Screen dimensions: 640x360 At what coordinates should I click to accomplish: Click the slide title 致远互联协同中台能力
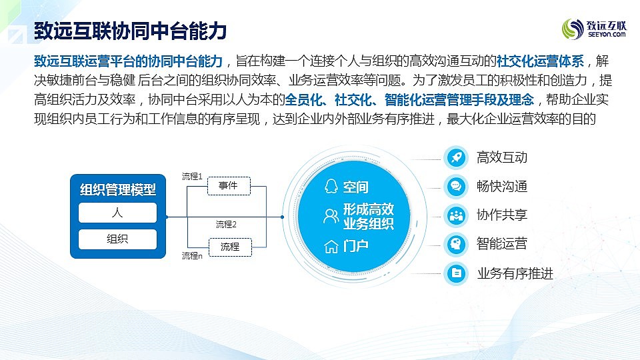tap(130, 31)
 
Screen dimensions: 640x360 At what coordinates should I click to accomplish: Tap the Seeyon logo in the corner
tap(594, 29)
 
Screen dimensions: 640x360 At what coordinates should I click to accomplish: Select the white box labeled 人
tap(117, 213)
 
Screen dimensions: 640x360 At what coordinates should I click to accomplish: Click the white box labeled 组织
tap(117, 239)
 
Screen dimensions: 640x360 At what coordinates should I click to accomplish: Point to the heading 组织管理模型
tap(117, 189)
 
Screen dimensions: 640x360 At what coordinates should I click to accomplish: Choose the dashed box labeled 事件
tap(229, 186)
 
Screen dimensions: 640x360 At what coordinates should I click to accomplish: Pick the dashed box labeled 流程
tap(230, 247)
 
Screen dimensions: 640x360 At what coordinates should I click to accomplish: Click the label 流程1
tap(192, 176)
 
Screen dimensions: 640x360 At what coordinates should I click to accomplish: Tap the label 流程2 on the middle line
tap(226, 224)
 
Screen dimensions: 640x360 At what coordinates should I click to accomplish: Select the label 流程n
tap(192, 255)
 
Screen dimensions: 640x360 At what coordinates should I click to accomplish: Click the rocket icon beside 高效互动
tap(456, 157)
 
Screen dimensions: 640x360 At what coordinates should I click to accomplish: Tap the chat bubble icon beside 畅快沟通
tap(456, 187)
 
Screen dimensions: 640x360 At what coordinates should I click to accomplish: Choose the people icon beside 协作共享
tap(456, 215)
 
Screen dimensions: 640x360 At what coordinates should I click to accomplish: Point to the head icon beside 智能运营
tap(456, 245)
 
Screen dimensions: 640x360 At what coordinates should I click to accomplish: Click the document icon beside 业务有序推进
tap(456, 273)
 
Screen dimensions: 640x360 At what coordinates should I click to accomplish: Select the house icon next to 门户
tap(331, 247)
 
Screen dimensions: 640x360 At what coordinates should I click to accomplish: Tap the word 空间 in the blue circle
tap(355, 187)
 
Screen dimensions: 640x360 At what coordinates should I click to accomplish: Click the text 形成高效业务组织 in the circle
tap(368, 216)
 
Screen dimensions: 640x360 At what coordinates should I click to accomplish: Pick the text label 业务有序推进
tap(515, 273)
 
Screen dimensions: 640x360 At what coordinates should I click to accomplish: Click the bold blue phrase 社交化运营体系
tap(540, 61)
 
